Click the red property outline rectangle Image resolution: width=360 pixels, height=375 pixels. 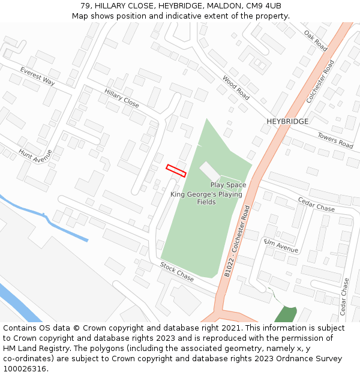(x=176, y=170)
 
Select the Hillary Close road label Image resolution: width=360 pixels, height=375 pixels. (x=121, y=98)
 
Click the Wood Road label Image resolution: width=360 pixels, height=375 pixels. (x=235, y=87)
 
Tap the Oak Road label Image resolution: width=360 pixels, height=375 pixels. (x=315, y=40)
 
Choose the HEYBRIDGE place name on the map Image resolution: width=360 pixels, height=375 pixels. (x=287, y=121)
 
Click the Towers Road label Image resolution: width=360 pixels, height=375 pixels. (x=335, y=140)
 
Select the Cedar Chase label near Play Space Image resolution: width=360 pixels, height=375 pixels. (x=316, y=204)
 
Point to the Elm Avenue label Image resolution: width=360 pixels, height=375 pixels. (x=281, y=245)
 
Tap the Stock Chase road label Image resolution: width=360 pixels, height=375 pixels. (x=176, y=272)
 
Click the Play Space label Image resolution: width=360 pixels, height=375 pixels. (x=228, y=185)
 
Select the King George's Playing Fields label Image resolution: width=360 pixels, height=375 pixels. (x=206, y=198)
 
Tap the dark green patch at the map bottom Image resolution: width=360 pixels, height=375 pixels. (x=286, y=314)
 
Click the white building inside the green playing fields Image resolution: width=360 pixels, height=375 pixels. (x=210, y=170)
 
